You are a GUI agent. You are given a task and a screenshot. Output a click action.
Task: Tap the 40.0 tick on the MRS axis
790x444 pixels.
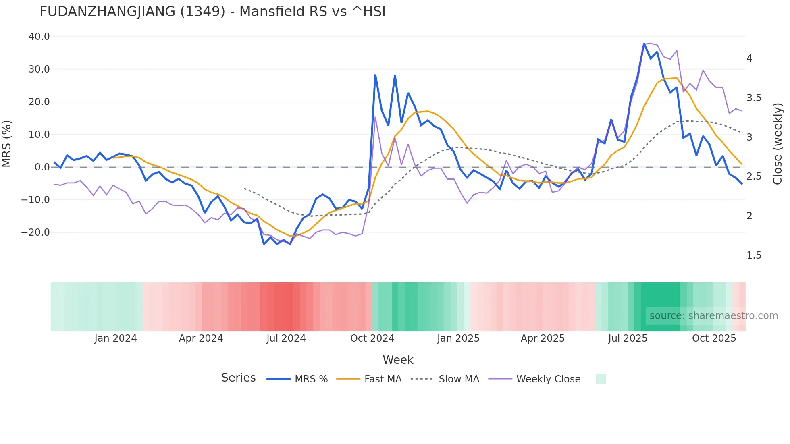tap(39, 37)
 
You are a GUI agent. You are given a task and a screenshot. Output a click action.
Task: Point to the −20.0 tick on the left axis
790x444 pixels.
tap(35, 232)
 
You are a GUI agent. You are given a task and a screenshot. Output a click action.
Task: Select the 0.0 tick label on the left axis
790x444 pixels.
tap(42, 167)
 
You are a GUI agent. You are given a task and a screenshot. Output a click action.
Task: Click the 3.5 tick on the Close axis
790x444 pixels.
tap(753, 98)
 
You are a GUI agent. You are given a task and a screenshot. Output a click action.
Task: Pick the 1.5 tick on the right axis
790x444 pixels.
tap(753, 255)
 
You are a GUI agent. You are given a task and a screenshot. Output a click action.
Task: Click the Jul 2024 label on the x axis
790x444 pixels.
tap(286, 338)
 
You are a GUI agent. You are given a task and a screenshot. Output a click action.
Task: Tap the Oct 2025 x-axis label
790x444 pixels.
tap(714, 338)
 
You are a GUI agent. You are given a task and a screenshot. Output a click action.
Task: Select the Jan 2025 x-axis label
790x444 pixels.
tap(458, 338)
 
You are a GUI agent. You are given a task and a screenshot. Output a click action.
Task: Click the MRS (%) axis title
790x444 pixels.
tap(7, 143)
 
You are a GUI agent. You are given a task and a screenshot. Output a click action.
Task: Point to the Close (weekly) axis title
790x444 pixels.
tap(778, 143)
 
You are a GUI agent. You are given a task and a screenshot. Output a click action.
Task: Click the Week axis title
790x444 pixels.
tap(398, 360)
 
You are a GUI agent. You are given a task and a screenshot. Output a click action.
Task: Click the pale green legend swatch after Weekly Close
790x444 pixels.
tap(601, 379)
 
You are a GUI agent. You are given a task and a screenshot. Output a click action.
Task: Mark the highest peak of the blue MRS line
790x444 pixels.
tap(644, 44)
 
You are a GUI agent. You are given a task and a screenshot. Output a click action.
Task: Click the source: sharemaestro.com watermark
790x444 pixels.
tap(713, 316)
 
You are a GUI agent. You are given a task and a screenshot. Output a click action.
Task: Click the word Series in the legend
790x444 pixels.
tap(238, 378)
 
